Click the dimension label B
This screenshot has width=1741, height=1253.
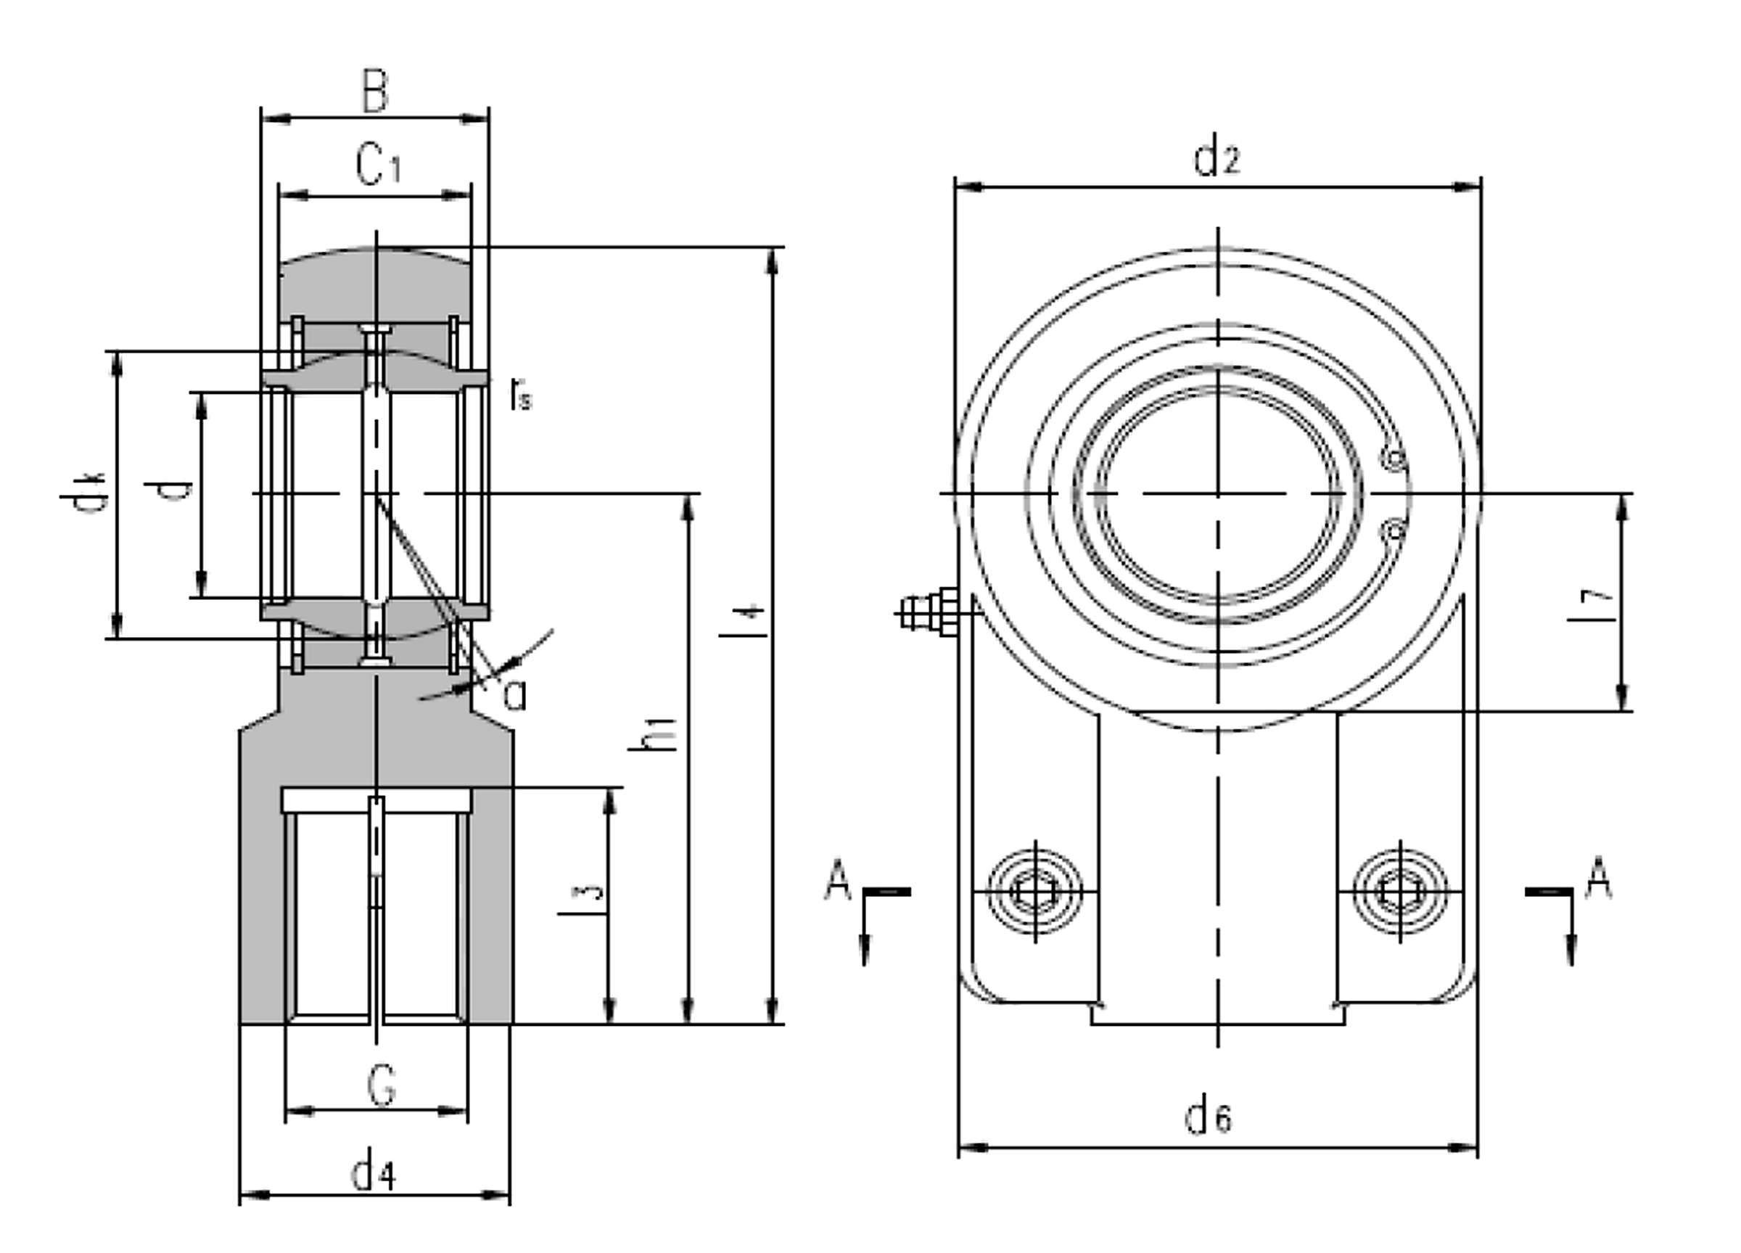pyautogui.click(x=375, y=92)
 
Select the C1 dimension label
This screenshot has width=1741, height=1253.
pyautogui.click(x=378, y=165)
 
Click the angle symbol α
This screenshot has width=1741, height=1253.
pyautogui.click(x=515, y=695)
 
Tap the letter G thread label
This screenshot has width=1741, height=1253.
pyautogui.click(x=382, y=1086)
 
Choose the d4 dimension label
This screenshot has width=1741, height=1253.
pyautogui.click(x=373, y=1174)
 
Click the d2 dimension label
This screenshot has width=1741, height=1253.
pyautogui.click(x=1217, y=157)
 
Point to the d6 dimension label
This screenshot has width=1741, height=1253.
pyautogui.click(x=1209, y=1117)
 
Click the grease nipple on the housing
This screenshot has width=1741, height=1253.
pyautogui.click(x=927, y=612)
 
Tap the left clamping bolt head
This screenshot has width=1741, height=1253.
pyautogui.click(x=1036, y=891)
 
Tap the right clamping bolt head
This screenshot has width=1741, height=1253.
pyautogui.click(x=1400, y=891)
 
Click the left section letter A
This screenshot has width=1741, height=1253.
pyautogui.click(x=837, y=880)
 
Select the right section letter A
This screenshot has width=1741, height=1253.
pyautogui.click(x=1599, y=878)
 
